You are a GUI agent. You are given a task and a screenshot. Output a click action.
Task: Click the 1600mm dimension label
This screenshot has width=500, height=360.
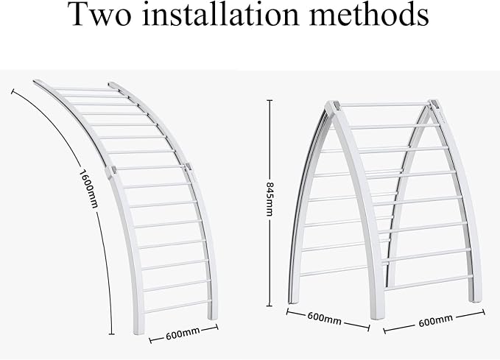point(88,188)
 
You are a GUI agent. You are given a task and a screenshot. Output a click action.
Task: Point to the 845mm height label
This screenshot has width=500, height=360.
point(270,199)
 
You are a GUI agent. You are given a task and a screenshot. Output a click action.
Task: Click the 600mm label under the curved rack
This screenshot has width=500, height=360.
point(183,333)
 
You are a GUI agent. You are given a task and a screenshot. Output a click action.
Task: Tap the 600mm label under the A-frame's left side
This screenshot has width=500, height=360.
point(324,318)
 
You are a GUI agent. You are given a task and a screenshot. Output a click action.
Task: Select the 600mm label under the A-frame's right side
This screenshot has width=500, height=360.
point(435,320)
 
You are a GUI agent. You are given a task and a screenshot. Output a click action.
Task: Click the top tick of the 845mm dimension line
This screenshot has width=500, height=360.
point(270,100)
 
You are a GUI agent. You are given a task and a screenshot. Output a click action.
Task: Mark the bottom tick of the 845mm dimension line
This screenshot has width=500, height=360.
point(269,306)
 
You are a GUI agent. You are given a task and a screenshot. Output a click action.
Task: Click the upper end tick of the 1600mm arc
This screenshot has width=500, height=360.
point(13,92)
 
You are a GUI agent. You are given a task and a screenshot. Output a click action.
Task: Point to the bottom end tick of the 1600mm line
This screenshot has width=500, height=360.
point(111,333)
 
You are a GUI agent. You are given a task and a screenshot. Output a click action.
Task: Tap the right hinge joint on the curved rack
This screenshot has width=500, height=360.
point(189,167)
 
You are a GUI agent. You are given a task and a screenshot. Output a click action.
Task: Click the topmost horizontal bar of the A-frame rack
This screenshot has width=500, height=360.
point(384,105)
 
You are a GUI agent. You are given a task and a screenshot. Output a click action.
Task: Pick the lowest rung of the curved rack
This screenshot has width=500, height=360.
point(177,306)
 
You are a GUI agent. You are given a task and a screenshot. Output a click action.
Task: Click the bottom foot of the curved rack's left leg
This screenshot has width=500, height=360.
point(138,331)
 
